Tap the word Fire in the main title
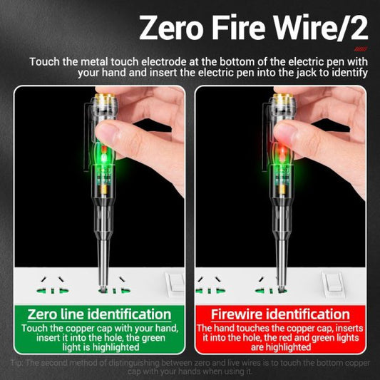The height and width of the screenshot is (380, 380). click(x=247, y=29)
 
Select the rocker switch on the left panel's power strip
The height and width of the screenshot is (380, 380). click(x=174, y=282)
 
